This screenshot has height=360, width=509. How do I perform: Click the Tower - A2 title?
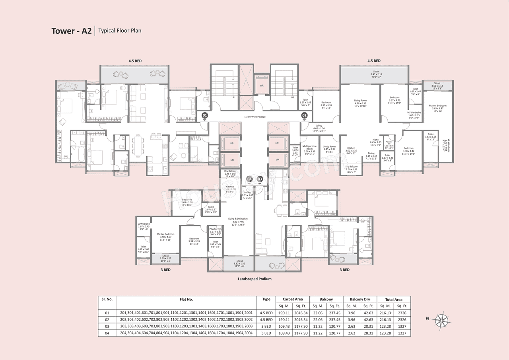pos(72,31)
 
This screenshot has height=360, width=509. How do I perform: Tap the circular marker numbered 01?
pos(205,115)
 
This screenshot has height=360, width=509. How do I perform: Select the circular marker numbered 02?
pos(304,115)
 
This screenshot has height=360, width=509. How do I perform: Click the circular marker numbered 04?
pos(249,179)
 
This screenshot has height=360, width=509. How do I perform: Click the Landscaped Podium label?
pos(254,279)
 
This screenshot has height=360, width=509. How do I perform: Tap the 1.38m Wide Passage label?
pos(254,117)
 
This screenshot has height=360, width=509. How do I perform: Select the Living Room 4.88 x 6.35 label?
pos(360,103)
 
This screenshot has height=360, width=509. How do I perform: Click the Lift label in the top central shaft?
pos(261,85)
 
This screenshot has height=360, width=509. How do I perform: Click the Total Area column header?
pos(393,299)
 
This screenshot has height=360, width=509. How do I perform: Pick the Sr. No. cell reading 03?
pos(107,326)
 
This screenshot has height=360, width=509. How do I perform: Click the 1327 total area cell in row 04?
pos(402,333)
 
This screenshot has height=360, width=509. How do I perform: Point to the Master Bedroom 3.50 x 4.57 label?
pos(165,236)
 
